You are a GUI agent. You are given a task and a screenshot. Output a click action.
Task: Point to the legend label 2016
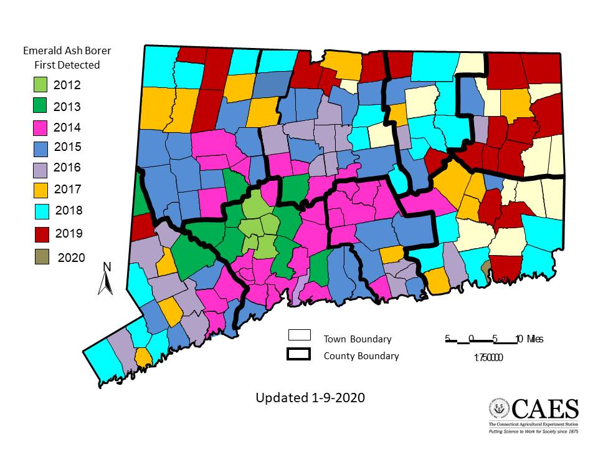coord(67,168)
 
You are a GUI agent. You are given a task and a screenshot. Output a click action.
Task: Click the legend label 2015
coord(67,147)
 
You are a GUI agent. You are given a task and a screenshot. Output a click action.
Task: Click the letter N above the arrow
coord(107,267)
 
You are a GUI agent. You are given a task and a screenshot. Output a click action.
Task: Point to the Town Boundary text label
coord(357,339)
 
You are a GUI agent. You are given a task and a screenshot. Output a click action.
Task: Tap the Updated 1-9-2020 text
coord(310,397)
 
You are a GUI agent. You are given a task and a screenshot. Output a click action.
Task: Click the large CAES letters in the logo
coord(545,410)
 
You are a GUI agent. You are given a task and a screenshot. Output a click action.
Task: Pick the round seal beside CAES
coord(499,410)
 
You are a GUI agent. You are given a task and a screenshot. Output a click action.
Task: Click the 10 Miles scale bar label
coord(529,339)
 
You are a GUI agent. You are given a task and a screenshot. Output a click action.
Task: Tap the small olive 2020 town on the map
coord(485,269)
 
